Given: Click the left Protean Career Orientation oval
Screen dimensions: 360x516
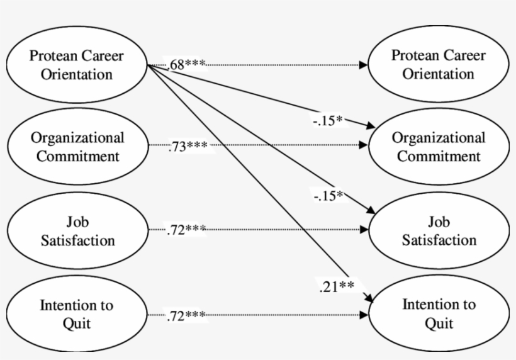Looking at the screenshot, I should coord(77,65).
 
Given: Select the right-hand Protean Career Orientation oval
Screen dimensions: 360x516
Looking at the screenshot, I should coord(439,65).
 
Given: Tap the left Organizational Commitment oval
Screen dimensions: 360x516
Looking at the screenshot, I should coord(77,147).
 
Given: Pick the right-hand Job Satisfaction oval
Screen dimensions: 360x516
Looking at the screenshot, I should coord(439,231).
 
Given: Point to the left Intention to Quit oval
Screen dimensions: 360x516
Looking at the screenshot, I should coord(77,314).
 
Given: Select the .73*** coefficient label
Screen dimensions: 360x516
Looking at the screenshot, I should coord(188,147).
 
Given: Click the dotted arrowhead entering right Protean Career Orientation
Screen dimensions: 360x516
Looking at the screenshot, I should coord(364,65).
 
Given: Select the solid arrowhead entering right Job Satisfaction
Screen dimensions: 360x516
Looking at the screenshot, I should coord(367,211).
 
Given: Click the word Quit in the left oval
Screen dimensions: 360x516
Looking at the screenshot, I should coord(77,323).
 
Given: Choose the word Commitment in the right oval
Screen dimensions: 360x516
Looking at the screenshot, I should coord(439,155).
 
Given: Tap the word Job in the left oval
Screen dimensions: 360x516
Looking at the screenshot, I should coord(77,222).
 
